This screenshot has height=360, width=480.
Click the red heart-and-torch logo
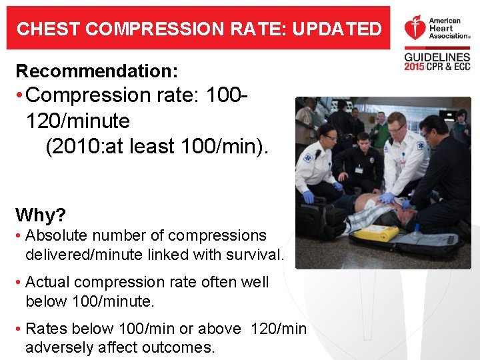pos(414,29)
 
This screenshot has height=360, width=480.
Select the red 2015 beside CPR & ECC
pos(415,68)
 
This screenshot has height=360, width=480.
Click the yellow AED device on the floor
pos(375,233)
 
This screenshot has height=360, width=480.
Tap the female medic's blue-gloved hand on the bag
pos(308,197)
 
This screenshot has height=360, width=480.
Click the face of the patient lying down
pos(401,217)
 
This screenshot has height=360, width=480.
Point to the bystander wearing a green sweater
pos(381,129)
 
